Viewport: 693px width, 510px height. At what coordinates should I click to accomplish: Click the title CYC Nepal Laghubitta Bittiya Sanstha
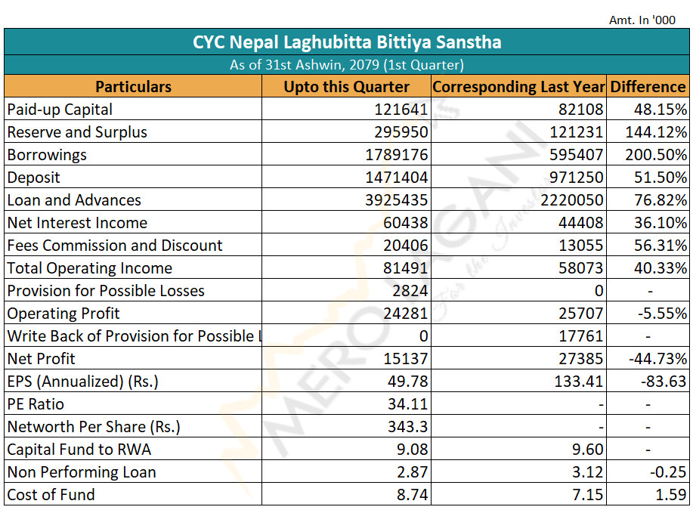pos(347,42)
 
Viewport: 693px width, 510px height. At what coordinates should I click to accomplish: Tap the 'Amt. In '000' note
pos(642,20)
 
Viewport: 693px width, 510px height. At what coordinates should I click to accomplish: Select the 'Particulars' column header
pos(134,87)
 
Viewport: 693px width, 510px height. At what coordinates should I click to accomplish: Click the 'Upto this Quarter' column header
pos(346,87)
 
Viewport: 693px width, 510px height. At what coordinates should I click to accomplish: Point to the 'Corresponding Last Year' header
pos(518,87)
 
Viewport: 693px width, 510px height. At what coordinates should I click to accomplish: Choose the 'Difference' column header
pos(648,87)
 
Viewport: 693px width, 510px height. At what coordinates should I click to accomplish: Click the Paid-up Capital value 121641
pos(401,109)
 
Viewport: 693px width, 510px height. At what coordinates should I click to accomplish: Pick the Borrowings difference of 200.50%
pos(656,155)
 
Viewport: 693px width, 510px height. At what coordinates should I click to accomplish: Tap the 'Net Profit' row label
pos(41,358)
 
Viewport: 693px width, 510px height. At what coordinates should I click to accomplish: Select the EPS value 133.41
pos(579,381)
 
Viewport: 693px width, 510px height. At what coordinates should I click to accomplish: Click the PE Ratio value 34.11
pos(408,404)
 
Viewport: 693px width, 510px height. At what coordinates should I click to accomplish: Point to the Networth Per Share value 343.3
pos(408,426)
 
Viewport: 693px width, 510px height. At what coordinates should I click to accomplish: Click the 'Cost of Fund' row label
pos(51,495)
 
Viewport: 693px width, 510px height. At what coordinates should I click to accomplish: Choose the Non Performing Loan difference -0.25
pos(668,472)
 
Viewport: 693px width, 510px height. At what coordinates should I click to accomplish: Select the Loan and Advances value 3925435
pos(397,199)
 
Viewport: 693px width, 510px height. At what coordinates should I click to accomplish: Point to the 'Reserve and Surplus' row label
pos(77,132)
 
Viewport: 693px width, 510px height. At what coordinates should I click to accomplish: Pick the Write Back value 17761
pos(580,336)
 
